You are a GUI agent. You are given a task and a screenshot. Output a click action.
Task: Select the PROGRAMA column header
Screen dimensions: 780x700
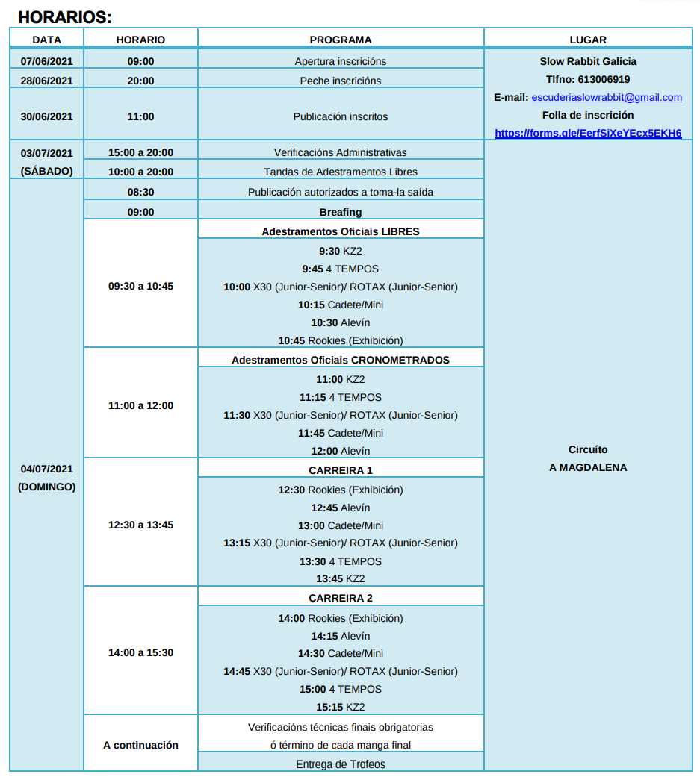(x=341, y=40)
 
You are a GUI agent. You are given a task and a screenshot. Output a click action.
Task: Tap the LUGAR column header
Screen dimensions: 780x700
(x=588, y=40)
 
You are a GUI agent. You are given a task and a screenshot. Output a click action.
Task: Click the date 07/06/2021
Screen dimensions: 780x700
(x=47, y=61)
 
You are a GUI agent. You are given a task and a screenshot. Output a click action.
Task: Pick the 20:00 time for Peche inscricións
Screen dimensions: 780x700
(x=140, y=81)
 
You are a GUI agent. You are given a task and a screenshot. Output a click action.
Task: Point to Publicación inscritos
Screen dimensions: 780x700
(x=341, y=116)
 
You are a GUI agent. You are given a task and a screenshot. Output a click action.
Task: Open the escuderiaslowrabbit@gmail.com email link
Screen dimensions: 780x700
(x=607, y=97)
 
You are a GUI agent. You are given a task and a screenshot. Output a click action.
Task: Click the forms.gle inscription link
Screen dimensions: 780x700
(x=588, y=133)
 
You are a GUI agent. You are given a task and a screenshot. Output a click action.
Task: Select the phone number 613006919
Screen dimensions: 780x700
(x=604, y=79)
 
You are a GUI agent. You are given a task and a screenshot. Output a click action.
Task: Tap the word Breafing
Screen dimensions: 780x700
(x=341, y=212)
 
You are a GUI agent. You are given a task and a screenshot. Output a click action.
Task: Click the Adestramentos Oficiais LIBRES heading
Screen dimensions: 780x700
(x=341, y=231)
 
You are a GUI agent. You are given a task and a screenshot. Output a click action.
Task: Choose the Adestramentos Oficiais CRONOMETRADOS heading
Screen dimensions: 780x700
(x=341, y=360)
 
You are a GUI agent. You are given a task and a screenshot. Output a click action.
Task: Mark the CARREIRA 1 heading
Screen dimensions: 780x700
(x=341, y=470)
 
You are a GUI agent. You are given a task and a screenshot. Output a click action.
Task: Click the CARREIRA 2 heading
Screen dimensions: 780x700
(x=341, y=598)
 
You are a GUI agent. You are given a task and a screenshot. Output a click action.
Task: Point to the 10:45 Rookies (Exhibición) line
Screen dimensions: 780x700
(x=341, y=340)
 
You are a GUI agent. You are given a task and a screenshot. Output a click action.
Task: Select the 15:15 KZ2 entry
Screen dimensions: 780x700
(x=341, y=707)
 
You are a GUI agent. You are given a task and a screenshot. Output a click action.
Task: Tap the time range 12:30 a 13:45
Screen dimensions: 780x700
(x=140, y=525)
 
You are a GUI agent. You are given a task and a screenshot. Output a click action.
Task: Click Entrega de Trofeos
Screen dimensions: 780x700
(x=341, y=764)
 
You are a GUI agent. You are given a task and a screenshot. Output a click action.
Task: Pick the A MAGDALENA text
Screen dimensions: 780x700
(x=588, y=467)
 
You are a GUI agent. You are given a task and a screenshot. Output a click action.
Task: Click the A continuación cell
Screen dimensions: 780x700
(x=140, y=745)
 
